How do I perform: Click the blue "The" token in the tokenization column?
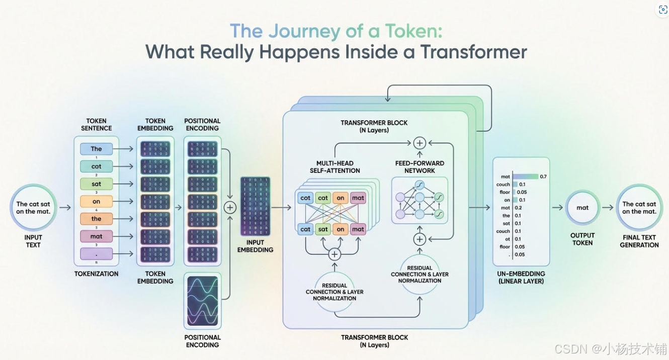pyautogui.click(x=96, y=149)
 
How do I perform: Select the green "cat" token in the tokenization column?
pyautogui.click(x=96, y=166)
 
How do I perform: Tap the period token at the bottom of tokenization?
pyautogui.click(x=96, y=254)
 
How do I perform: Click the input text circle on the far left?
pyautogui.click(x=33, y=208)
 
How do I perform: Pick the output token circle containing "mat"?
pyautogui.click(x=582, y=208)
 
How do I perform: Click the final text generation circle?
pyautogui.click(x=639, y=208)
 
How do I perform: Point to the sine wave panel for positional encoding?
pyautogui.click(x=203, y=300)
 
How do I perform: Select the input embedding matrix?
pyautogui.click(x=255, y=206)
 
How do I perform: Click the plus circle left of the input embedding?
pyautogui.click(x=230, y=208)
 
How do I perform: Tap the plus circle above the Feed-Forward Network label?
pyautogui.click(x=420, y=143)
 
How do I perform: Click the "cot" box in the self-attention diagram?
pyautogui.click(x=305, y=198)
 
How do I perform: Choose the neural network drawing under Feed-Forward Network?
pyautogui.click(x=420, y=200)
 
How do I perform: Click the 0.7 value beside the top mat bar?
pyautogui.click(x=543, y=176)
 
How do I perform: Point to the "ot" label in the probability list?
pyautogui.click(x=508, y=239)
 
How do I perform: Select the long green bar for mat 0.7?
pyautogui.click(x=525, y=176)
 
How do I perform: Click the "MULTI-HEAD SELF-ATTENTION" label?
pyautogui.click(x=335, y=167)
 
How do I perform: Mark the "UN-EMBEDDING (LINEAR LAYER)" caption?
pyautogui.click(x=521, y=278)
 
